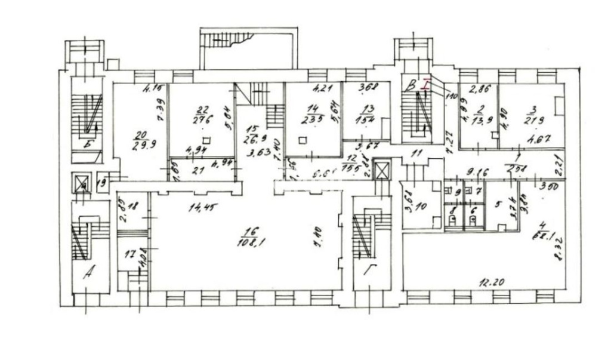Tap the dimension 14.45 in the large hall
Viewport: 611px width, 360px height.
pyautogui.click(x=187, y=208)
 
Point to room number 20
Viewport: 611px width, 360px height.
pyautogui.click(x=141, y=135)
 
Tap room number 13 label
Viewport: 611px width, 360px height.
pyautogui.click(x=368, y=108)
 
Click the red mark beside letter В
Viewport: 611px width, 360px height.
pyautogui.click(x=425, y=85)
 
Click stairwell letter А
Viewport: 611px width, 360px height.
pyautogui.click(x=89, y=275)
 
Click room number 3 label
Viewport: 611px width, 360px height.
pyautogui.click(x=533, y=110)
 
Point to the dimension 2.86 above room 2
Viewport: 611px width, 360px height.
pyautogui.click(x=479, y=90)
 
